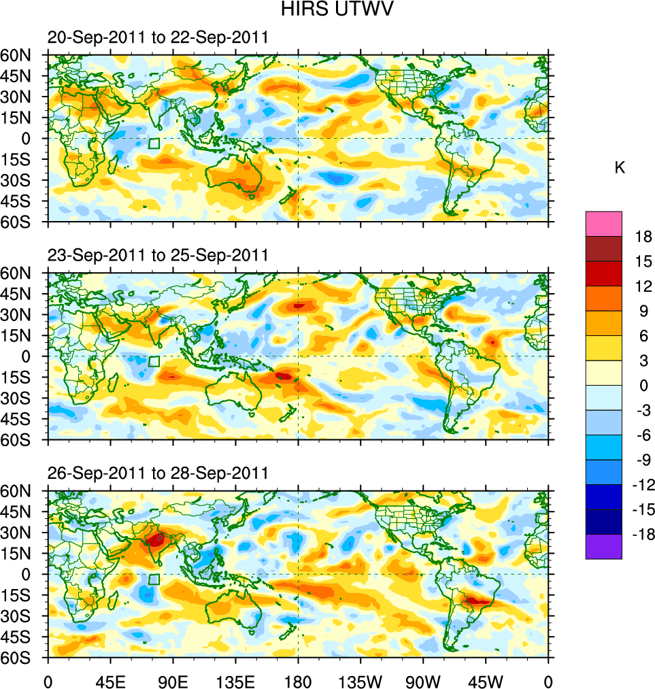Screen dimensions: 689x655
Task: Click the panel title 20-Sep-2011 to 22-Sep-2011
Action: click(157, 37)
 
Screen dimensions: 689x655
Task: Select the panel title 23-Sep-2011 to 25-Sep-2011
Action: click(157, 255)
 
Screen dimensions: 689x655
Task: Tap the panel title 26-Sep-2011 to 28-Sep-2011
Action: click(157, 473)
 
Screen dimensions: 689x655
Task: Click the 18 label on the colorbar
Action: click(643, 237)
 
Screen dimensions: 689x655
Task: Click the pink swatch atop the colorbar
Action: click(603, 223)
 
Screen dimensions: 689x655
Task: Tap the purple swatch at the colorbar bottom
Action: click(603, 547)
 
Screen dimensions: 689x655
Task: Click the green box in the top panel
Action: click(154, 144)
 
